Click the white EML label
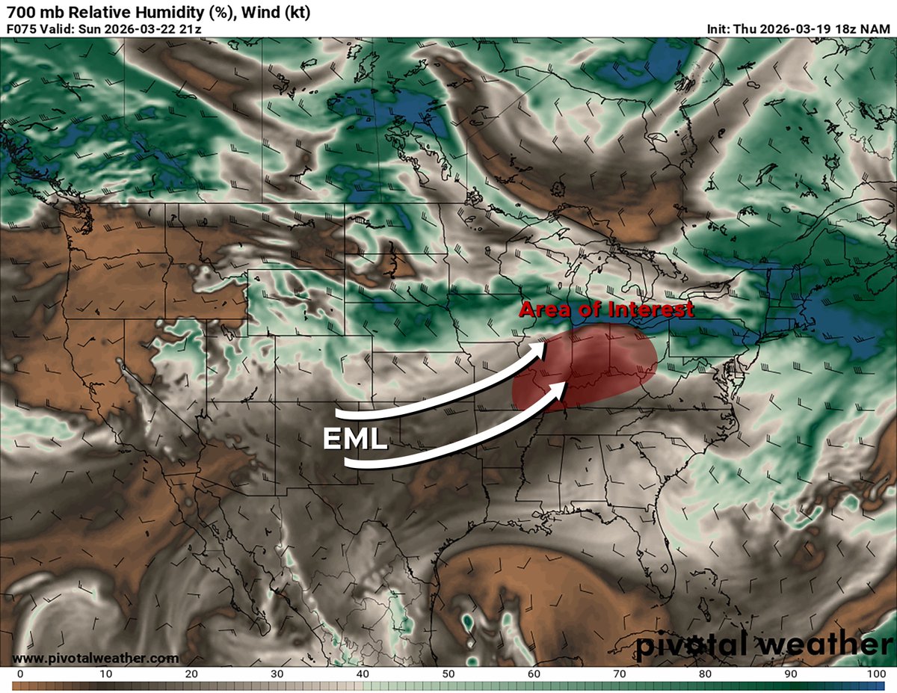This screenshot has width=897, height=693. (355, 437)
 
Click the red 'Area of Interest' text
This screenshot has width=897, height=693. (606, 309)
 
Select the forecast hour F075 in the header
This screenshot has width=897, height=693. (22, 29)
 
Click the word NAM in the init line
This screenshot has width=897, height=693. (878, 29)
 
